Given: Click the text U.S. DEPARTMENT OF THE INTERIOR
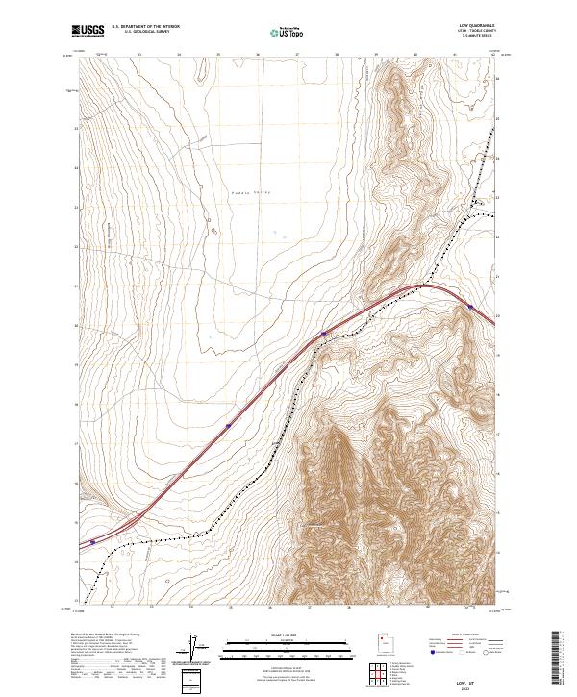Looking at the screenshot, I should [145, 27].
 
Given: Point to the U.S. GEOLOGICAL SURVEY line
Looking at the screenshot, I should [145, 33].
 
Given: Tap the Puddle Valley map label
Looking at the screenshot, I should [250, 192].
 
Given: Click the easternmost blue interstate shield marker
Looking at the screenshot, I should [470, 307].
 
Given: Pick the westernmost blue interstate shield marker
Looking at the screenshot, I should [92, 542].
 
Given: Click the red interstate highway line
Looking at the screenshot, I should [192, 461].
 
